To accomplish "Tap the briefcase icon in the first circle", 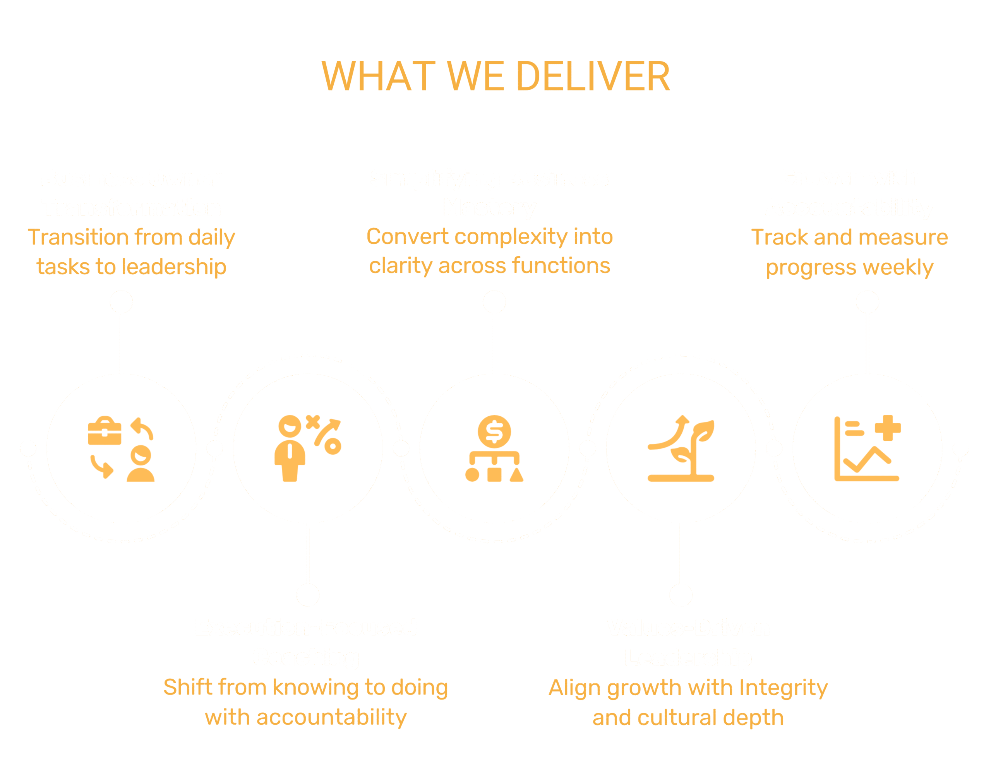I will [x=105, y=431].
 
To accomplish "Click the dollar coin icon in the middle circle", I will [x=494, y=431].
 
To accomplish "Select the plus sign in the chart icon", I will [x=888, y=427].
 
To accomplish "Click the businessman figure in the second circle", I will [x=290, y=449].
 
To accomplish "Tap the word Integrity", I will [x=783, y=688].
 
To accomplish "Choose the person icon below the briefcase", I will [x=141, y=464].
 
